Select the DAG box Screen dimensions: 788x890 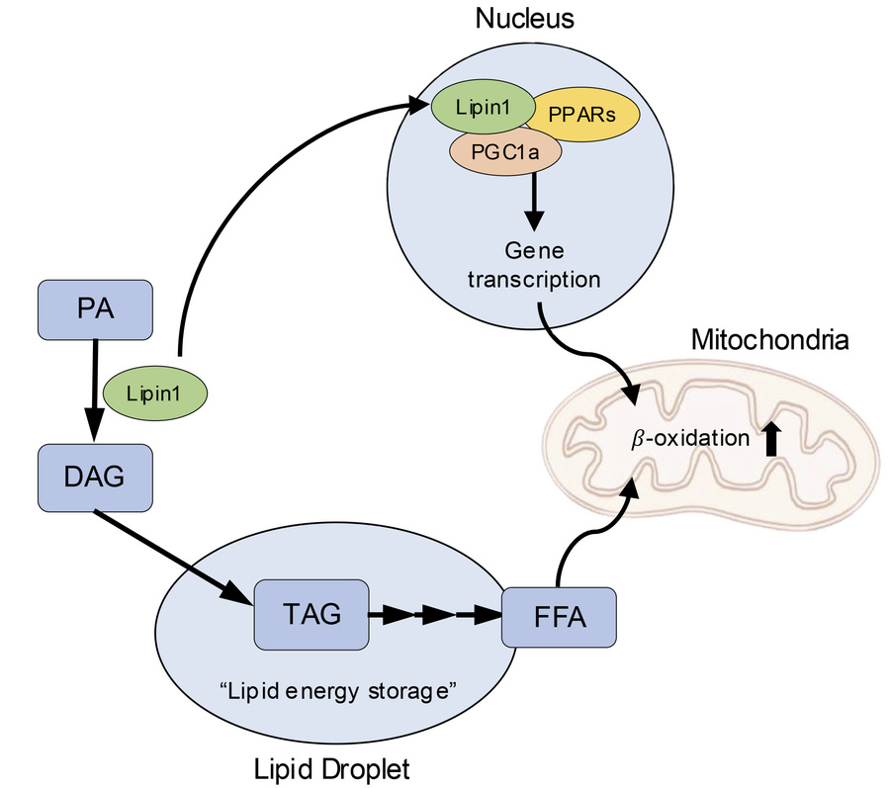[95, 477]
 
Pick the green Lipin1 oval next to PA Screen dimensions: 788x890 [155, 393]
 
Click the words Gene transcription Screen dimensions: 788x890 [534, 265]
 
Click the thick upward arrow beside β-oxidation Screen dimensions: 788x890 [772, 436]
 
